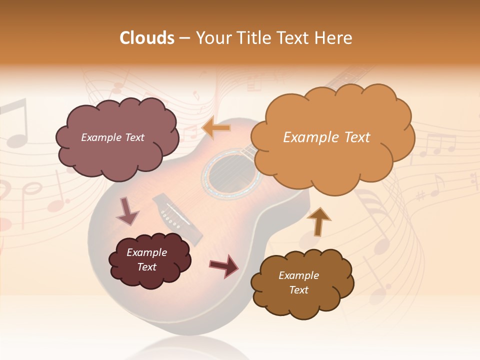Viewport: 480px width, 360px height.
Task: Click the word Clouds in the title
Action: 146,38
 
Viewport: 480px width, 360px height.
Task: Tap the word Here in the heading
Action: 335,38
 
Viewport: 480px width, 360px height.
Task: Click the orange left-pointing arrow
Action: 216,128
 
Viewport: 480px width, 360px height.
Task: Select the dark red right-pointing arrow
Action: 223,265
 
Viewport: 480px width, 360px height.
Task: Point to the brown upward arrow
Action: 318,221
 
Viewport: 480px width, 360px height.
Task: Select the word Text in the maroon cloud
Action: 147,267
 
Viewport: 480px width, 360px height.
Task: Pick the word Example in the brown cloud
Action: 298,275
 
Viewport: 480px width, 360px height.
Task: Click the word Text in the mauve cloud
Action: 134,137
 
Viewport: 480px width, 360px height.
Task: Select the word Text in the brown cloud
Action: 298,290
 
